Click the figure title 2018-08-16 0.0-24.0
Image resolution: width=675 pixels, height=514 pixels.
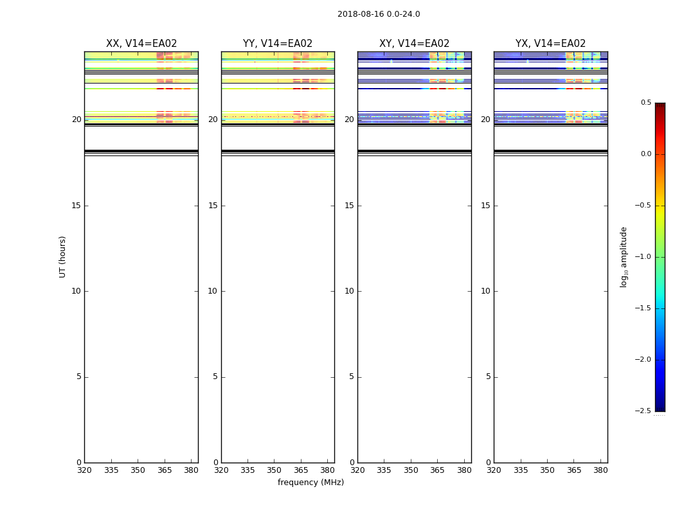(x=379, y=14)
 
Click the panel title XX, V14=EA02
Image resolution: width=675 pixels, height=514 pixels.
(x=141, y=44)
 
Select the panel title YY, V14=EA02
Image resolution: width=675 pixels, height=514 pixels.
(x=278, y=44)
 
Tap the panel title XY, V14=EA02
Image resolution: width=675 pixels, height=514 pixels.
(x=414, y=44)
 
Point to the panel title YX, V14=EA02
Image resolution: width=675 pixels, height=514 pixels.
(x=551, y=44)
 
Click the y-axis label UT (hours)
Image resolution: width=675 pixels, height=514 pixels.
(x=63, y=256)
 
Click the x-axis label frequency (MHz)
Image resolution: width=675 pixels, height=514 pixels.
(x=310, y=483)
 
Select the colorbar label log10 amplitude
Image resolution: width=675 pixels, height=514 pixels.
(x=624, y=257)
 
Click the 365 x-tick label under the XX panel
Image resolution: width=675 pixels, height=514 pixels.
(x=165, y=471)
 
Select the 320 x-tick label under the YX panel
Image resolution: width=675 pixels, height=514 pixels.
(x=494, y=471)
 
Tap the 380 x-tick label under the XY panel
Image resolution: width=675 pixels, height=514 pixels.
(x=464, y=471)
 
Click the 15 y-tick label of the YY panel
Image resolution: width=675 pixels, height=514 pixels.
(x=213, y=206)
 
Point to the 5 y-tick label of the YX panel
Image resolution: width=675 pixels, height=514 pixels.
(x=488, y=377)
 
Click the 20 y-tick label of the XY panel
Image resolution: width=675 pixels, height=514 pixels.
(x=349, y=120)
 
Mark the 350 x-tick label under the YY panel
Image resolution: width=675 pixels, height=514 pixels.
(x=274, y=471)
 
